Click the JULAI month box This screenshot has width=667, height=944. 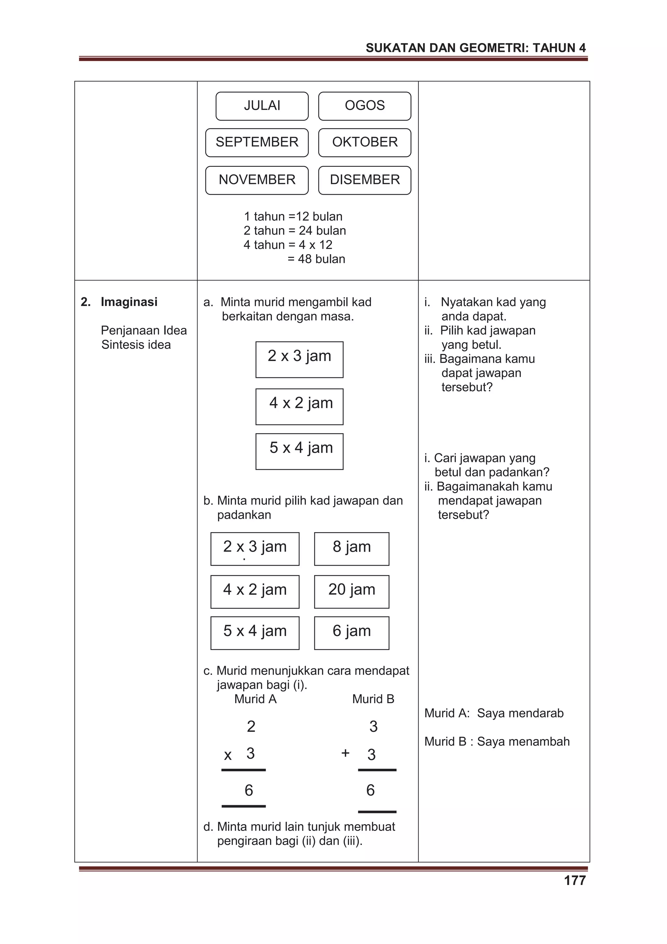(x=262, y=106)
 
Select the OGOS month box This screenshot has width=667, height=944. (x=364, y=106)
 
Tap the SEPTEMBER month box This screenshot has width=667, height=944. (x=257, y=142)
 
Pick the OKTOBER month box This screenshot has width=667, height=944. (x=364, y=142)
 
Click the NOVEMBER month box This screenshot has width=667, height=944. (x=257, y=180)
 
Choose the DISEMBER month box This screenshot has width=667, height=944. (x=364, y=180)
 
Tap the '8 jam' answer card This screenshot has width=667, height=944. (x=351, y=548)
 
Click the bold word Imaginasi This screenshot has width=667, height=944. (x=129, y=302)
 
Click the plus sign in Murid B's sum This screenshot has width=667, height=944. (x=345, y=753)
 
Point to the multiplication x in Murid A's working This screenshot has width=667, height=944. (x=228, y=755)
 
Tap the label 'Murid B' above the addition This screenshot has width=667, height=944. (x=373, y=699)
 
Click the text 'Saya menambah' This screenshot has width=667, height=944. (x=523, y=741)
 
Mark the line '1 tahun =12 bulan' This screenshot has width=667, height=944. (x=293, y=216)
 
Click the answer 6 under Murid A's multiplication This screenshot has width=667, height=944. (x=248, y=790)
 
